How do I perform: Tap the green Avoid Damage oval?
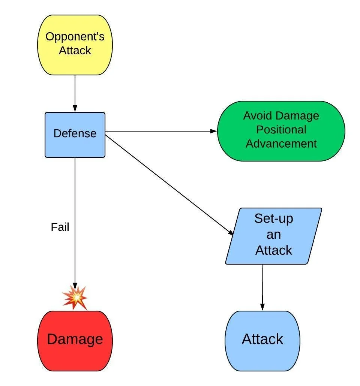pyautogui.click(x=281, y=131)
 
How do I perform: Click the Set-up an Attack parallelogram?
pyautogui.click(x=274, y=236)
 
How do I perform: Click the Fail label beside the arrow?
pyautogui.click(x=60, y=227)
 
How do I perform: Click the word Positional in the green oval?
pyautogui.click(x=281, y=130)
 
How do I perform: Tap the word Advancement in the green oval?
pyautogui.click(x=281, y=144)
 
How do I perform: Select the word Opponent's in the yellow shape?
pyautogui.click(x=75, y=37)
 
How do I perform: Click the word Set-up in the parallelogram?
pyautogui.click(x=274, y=218)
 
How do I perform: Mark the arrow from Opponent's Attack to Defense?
pyautogui.click(x=75, y=94)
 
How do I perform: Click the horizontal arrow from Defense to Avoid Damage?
pyautogui.click(x=161, y=131)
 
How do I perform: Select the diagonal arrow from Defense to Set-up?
pyautogui.click(x=169, y=184)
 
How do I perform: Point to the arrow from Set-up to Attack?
pyautogui.click(x=262, y=287)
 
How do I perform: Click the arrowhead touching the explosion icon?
pyautogui.click(x=75, y=285)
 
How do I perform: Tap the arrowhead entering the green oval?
pyautogui.click(x=214, y=131)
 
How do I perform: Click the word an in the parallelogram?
pyautogui.click(x=274, y=235)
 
